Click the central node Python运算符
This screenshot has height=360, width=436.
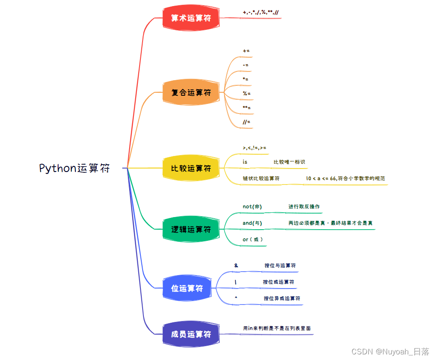pyautogui.click(x=75, y=168)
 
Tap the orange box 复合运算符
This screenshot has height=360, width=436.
pyautogui.click(x=191, y=92)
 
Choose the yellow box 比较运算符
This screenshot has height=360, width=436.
pyautogui.click(x=191, y=168)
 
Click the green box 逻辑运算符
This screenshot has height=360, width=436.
pyautogui.click(x=191, y=229)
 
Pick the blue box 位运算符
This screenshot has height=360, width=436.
pyautogui.click(x=187, y=288)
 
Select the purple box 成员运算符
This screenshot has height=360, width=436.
pyautogui.click(x=191, y=334)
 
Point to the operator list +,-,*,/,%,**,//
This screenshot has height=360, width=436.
pyautogui.click(x=261, y=12)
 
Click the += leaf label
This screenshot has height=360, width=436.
pyautogui.click(x=246, y=51)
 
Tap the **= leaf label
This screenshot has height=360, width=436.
pyautogui.click(x=247, y=107)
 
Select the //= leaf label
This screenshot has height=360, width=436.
pyautogui.click(x=247, y=122)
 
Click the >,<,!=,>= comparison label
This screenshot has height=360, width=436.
pyautogui.click(x=254, y=148)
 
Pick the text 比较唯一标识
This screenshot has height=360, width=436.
pyautogui.click(x=289, y=162)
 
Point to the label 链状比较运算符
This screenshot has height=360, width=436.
pyautogui.click(x=261, y=178)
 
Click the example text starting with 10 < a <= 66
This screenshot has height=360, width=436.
pyautogui.click(x=345, y=178)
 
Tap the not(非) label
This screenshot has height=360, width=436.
pyautogui.click(x=252, y=207)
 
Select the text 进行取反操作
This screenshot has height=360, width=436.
pyautogui.click(x=304, y=207)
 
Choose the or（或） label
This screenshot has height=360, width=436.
pyautogui.click(x=253, y=239)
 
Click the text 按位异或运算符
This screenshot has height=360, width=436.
pyautogui.click(x=282, y=298)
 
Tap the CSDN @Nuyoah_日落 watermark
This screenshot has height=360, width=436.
pyautogui.click(x=390, y=351)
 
